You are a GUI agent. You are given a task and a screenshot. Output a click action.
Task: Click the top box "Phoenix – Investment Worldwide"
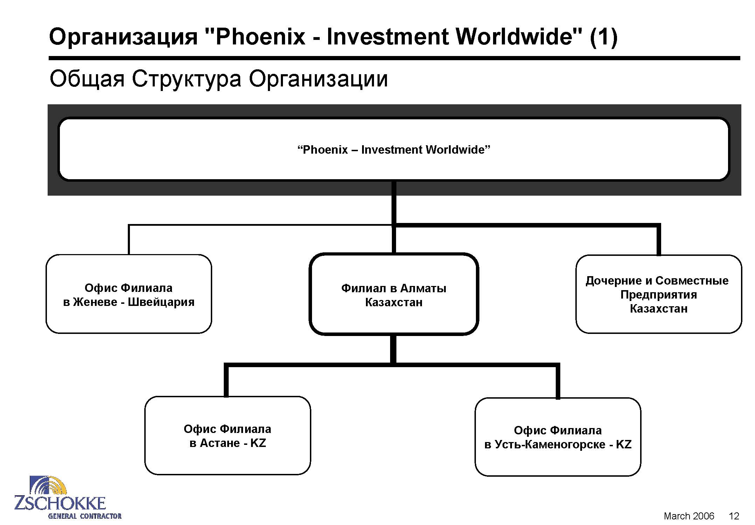(394, 149)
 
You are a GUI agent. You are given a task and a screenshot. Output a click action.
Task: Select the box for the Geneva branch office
(129, 294)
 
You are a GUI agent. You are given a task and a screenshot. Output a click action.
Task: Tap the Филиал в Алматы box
(394, 294)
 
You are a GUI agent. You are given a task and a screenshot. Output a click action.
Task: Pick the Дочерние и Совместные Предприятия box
(659, 294)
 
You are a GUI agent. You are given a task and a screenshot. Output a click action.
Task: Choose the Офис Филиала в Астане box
(228, 435)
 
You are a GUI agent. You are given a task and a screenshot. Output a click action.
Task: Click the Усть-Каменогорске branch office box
(558, 437)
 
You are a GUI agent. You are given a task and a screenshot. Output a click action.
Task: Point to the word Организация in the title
(123, 37)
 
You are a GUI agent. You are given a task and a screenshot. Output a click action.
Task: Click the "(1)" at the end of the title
(603, 37)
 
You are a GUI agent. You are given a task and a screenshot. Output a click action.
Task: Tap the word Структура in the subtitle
(186, 79)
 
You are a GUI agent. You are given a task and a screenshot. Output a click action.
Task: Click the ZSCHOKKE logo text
(60, 503)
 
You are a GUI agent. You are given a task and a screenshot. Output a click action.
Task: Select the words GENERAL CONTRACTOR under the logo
(85, 516)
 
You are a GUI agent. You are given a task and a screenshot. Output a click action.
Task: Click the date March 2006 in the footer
(689, 516)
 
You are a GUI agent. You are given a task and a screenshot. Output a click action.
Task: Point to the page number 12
(734, 516)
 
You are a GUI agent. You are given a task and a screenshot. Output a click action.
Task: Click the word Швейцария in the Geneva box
(161, 302)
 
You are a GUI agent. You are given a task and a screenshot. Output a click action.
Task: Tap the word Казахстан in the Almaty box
(394, 302)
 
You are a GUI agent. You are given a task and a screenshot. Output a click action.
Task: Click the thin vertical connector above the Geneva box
(129, 239)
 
